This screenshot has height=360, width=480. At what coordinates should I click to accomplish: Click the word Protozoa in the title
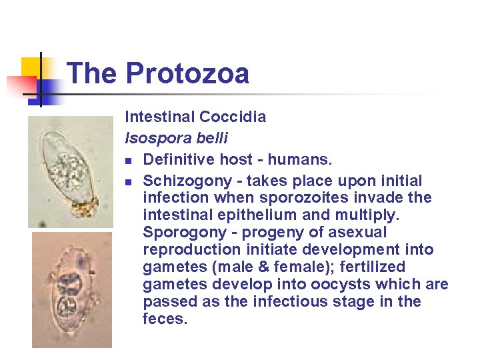tap(187, 73)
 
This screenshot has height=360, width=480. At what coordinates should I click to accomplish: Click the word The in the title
tap(92, 73)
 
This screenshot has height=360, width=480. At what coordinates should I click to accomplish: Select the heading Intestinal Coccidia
tap(195, 117)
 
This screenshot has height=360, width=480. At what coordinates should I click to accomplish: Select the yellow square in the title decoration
tap(33, 68)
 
